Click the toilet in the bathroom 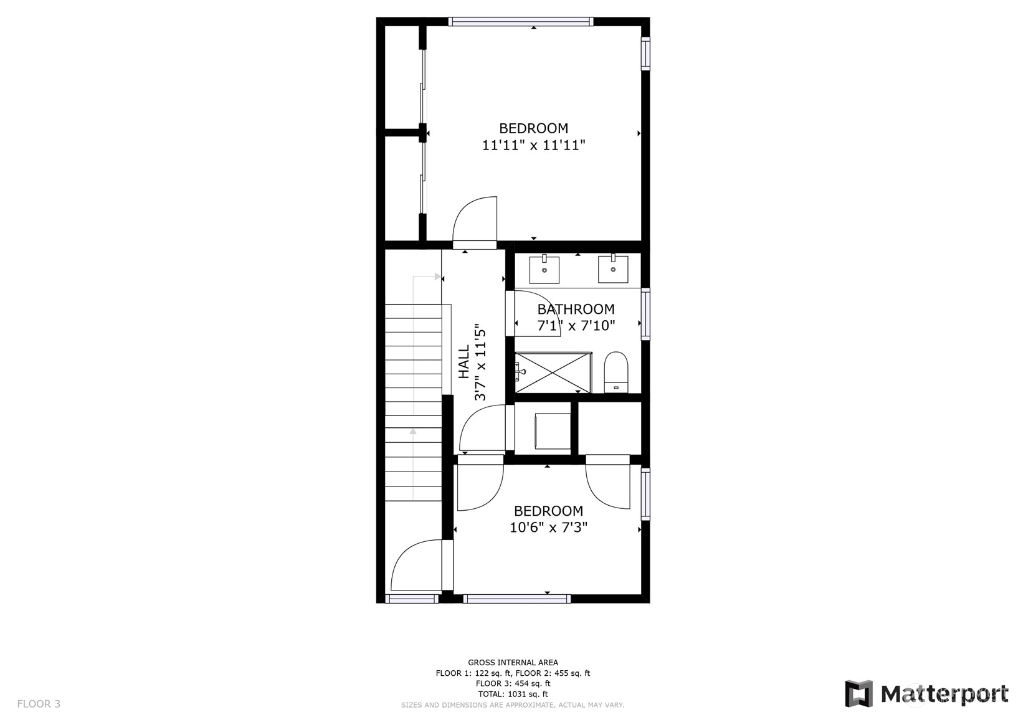pyautogui.click(x=616, y=372)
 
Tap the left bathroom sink pyautogui.click(x=544, y=269)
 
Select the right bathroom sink pyautogui.click(x=613, y=269)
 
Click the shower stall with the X pyautogui.click(x=553, y=372)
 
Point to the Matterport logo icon pyautogui.click(x=859, y=694)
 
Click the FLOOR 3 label pyautogui.click(x=39, y=704)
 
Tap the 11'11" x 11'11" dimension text pyautogui.click(x=534, y=145)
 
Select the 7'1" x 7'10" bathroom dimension pyautogui.click(x=576, y=326)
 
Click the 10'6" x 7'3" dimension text pyautogui.click(x=549, y=528)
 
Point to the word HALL pyautogui.click(x=465, y=361)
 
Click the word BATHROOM pyautogui.click(x=576, y=309)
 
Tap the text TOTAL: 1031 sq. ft pyautogui.click(x=513, y=694)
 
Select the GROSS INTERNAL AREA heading pyautogui.click(x=513, y=662)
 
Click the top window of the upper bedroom pyautogui.click(x=521, y=21)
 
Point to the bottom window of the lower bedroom pyautogui.click(x=517, y=598)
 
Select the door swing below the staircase pyautogui.click(x=416, y=565)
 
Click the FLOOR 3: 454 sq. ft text pyautogui.click(x=513, y=683)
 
